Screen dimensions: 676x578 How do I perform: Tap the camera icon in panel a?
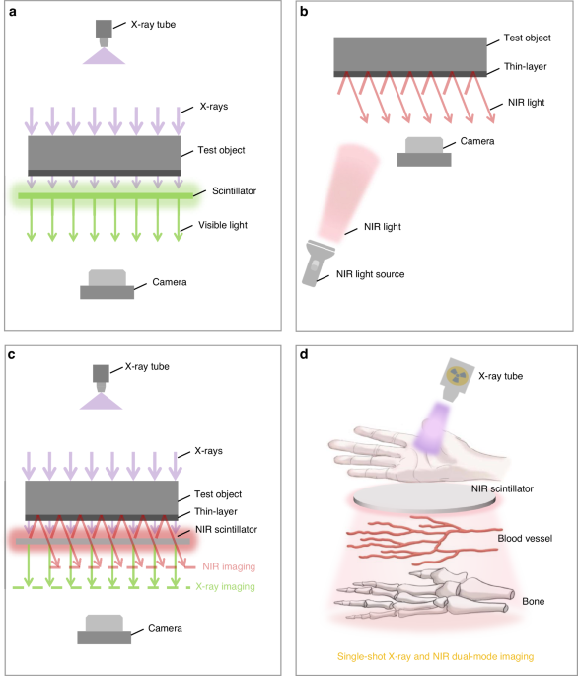pyautogui.click(x=108, y=285)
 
